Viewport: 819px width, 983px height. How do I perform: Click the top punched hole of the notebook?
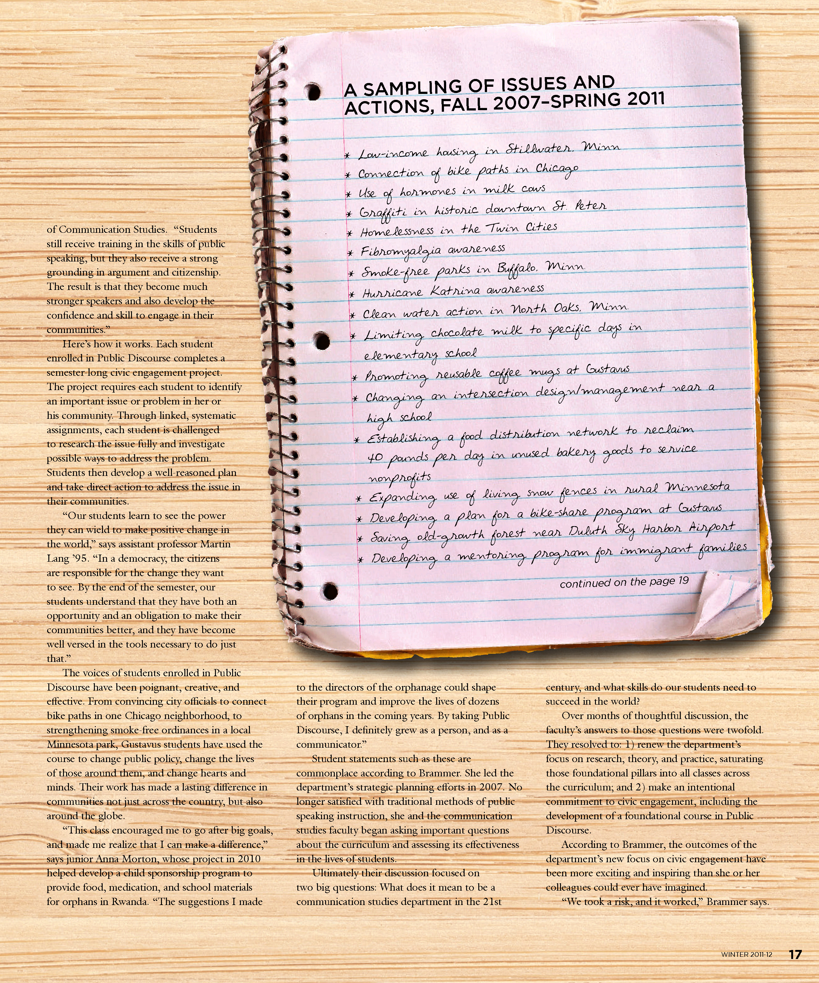pyautogui.click(x=313, y=89)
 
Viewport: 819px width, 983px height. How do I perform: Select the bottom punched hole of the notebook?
pyautogui.click(x=330, y=589)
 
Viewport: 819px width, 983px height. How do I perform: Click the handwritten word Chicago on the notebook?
pyautogui.click(x=557, y=169)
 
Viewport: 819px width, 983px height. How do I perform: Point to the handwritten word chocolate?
pyautogui.click(x=457, y=332)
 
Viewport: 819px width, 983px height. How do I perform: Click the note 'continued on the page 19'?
pyautogui.click(x=624, y=582)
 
